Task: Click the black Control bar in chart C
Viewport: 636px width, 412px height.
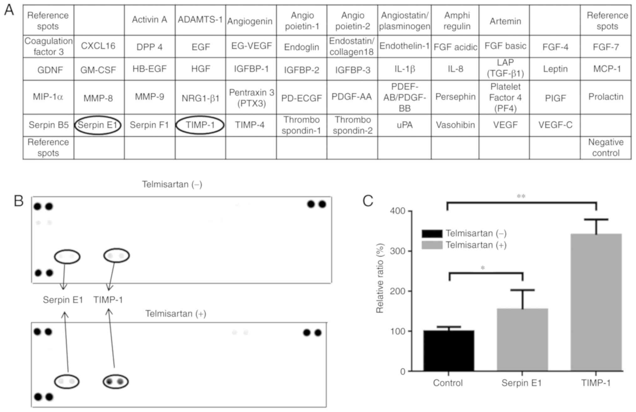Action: pos(449,350)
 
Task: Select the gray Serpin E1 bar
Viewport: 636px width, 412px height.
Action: pos(522,339)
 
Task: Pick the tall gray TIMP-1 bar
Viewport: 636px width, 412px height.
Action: pos(596,302)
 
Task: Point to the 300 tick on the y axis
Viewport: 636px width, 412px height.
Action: pos(397,251)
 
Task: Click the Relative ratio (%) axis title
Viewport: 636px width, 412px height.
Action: pos(380,278)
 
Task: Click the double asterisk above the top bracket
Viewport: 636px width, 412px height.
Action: pos(521,196)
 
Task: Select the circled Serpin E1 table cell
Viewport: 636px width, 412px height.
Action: pos(98,125)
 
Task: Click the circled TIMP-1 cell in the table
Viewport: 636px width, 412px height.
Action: pos(200,125)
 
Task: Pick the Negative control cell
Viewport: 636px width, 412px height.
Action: pos(606,148)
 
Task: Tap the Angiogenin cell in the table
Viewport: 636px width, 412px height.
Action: pos(250,21)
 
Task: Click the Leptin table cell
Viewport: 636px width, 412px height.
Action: pos(555,69)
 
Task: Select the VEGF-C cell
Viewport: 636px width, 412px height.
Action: pos(555,125)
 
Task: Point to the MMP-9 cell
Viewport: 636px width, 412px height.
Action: pos(149,97)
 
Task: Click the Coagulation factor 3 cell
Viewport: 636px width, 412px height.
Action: pos(49,46)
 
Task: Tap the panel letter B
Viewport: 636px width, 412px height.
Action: pos(19,201)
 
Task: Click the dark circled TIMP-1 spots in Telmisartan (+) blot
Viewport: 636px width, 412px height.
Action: pos(115,382)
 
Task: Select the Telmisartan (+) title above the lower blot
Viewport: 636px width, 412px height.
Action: pos(176,314)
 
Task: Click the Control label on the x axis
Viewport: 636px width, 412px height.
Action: pos(448,383)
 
